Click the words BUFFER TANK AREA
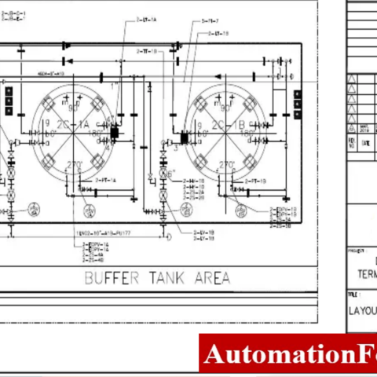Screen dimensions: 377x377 pos(157,277)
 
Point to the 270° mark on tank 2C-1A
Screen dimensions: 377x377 pos(75,165)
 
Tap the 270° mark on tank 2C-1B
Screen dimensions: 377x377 pos(226,165)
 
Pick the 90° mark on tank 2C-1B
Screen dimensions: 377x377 pos(227,108)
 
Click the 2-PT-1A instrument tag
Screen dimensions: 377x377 pos(106,180)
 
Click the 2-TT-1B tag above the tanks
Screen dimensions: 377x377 pos(146,50)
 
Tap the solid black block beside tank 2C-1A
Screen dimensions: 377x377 pos(114,134)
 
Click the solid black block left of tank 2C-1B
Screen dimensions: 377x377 pos(185,138)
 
